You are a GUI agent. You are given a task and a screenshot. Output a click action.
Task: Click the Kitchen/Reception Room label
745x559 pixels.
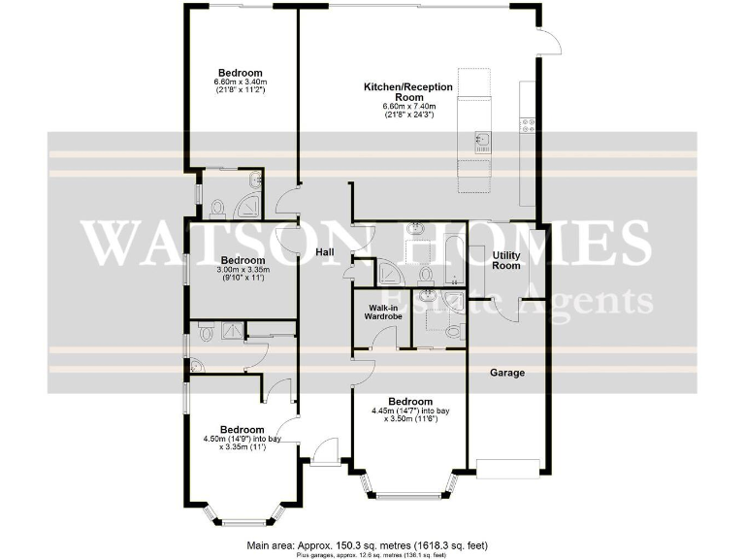click(x=407, y=92)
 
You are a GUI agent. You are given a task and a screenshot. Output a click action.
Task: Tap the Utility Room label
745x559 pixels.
click(x=506, y=259)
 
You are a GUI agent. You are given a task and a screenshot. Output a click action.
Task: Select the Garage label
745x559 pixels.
click(x=506, y=373)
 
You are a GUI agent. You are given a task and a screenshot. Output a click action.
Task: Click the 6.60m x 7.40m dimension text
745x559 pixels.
click(x=407, y=110)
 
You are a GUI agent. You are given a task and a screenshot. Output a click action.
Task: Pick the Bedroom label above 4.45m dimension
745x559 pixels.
click(x=409, y=401)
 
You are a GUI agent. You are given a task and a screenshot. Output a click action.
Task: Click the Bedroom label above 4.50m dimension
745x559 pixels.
click(x=242, y=429)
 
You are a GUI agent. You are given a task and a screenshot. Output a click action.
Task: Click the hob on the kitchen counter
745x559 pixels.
click(x=529, y=124)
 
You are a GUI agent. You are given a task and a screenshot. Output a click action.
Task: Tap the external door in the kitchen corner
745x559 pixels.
click(x=551, y=40)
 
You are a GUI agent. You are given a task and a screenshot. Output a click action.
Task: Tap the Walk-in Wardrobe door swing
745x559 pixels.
click(x=383, y=339)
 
